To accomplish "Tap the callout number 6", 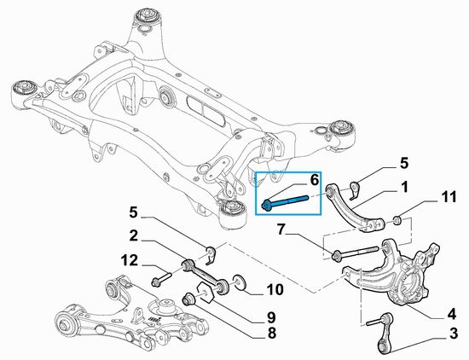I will pyautogui.click(x=314, y=180).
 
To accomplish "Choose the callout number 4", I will pyautogui.click(x=451, y=312).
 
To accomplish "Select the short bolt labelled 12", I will pyautogui.click(x=159, y=279).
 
